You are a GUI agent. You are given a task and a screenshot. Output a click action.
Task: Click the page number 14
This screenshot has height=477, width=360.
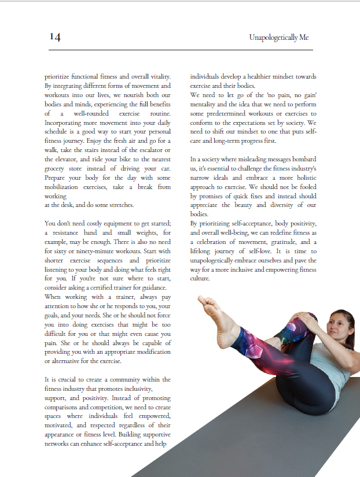pos(55,37)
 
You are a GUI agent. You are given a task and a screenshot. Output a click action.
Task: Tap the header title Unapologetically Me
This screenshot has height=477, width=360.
pos(278,38)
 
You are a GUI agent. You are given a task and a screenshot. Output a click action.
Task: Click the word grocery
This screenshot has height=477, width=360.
pos(57,168)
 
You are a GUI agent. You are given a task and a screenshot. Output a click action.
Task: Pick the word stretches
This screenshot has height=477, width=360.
pos(120,205)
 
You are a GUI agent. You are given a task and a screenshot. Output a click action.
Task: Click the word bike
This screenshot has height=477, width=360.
pos(120,159)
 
